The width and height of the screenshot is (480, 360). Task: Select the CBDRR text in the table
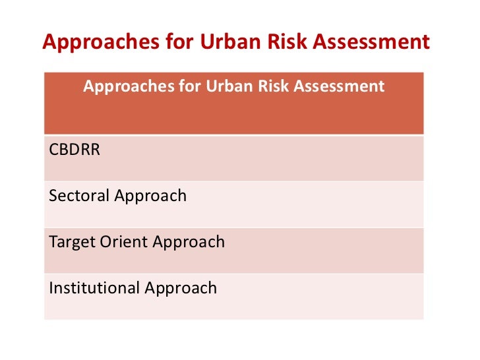tap(75, 149)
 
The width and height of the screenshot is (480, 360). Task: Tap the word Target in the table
tap(69, 242)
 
